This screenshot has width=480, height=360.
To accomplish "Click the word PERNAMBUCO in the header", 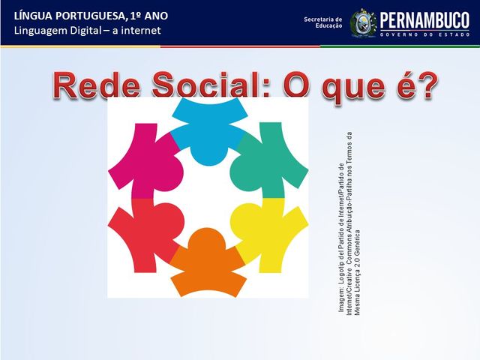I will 424,19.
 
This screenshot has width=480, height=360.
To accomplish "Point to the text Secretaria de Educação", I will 322,22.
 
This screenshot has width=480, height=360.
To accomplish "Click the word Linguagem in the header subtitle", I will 43,31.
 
